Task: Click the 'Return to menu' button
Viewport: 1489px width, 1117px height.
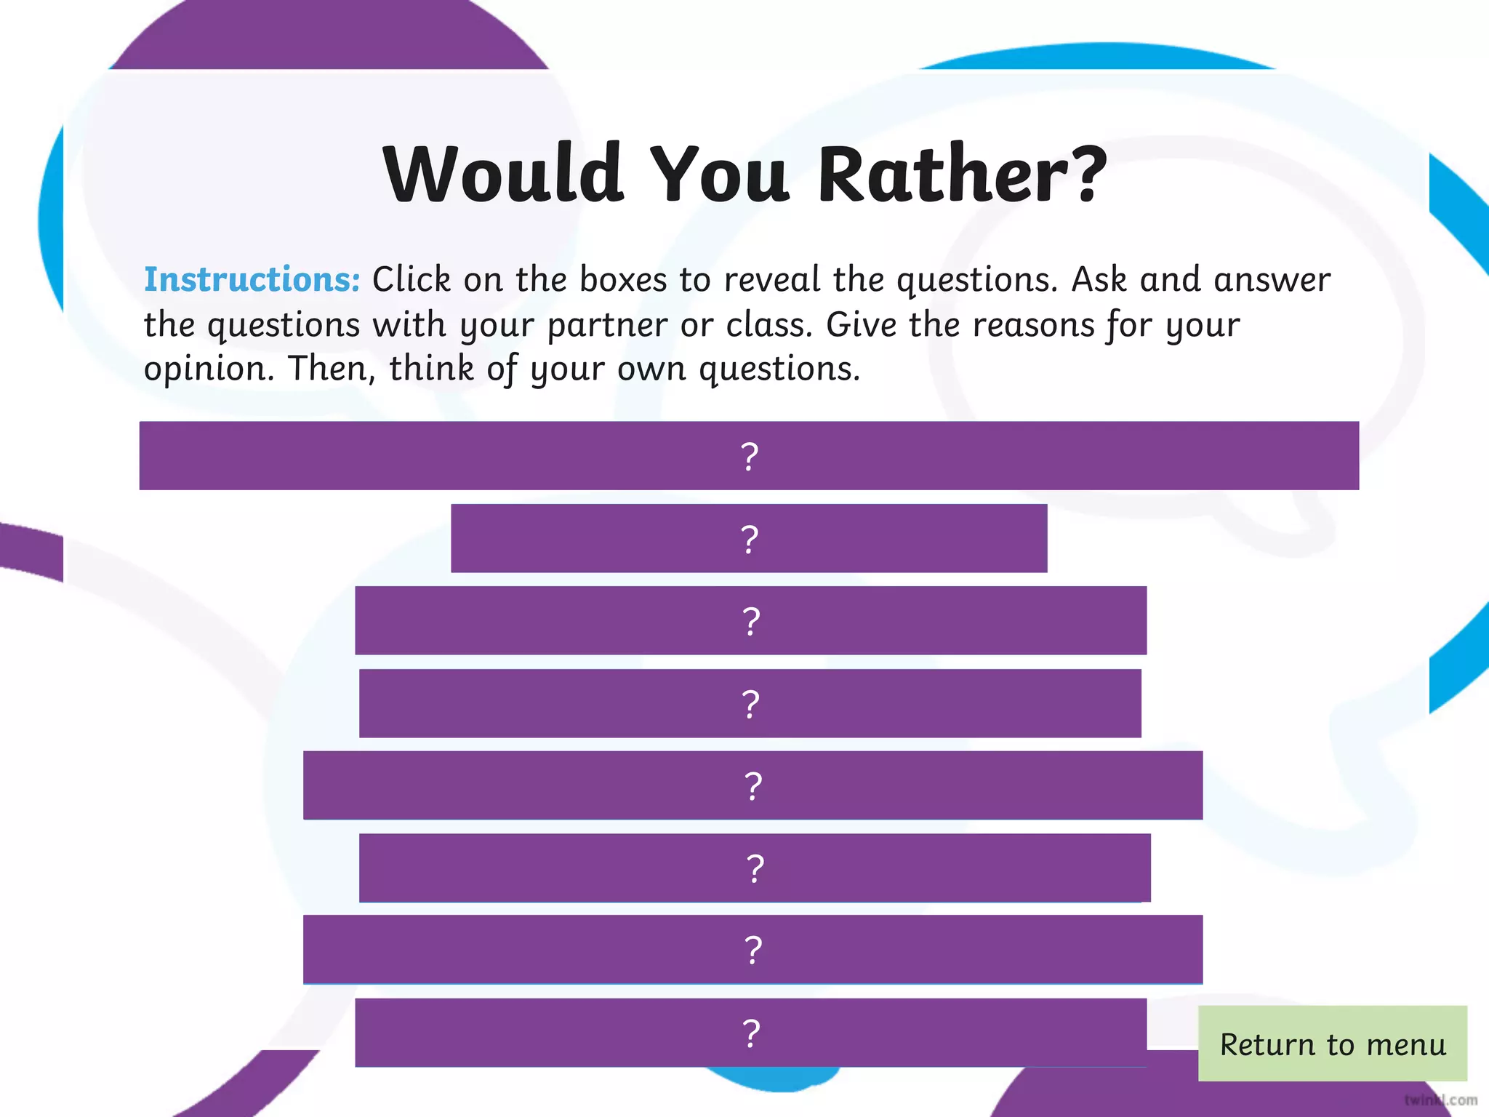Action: coord(1332,1044)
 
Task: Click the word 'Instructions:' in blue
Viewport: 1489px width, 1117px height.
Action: coord(252,279)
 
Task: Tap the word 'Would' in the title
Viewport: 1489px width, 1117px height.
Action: coord(503,175)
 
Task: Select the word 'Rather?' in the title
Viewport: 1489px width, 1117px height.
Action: coord(962,175)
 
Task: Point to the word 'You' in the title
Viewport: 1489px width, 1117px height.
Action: coord(719,175)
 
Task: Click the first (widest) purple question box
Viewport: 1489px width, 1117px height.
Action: coord(749,456)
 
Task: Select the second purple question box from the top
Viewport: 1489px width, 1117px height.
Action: coord(749,538)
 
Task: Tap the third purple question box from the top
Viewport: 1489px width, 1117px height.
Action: coord(750,620)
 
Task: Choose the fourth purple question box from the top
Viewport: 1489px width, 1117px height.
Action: coord(750,703)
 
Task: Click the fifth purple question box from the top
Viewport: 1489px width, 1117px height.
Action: coord(752,785)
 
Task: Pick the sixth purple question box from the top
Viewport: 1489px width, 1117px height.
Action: coord(755,868)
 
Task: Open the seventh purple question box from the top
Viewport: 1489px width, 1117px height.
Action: coord(752,950)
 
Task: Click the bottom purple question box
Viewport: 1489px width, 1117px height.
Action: coord(750,1033)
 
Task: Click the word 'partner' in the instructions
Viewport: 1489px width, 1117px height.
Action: coord(607,325)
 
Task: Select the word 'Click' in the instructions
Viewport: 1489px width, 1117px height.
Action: coord(412,279)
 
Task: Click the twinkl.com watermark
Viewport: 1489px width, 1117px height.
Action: coord(1440,1100)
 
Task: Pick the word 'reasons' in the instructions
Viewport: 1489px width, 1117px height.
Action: coord(1033,325)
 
